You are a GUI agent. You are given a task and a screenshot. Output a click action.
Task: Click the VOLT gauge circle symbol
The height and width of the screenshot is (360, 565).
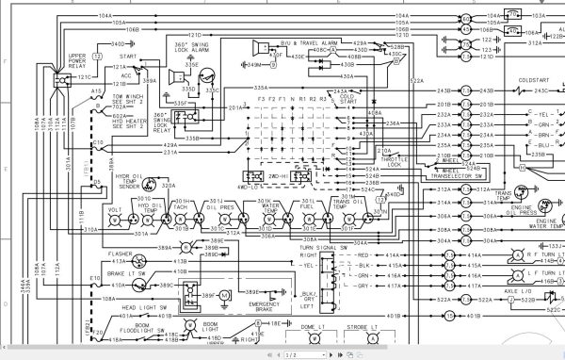coord(115,218)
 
